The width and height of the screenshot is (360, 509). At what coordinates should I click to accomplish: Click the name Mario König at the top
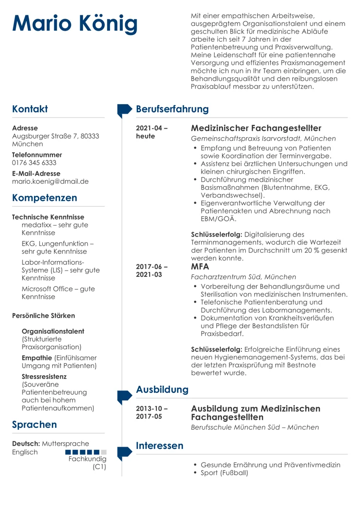(x=75, y=24)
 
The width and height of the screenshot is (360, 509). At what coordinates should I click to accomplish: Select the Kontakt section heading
(x=30, y=109)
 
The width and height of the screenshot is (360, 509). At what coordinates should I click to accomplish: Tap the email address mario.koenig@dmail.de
(x=50, y=181)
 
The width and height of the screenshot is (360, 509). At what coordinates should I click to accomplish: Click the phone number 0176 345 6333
(x=34, y=163)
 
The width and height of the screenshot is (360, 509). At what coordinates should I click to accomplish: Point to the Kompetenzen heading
(x=44, y=198)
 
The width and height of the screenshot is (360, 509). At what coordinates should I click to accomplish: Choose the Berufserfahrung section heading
(x=172, y=109)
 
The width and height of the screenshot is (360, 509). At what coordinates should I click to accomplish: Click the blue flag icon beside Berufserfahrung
(x=124, y=110)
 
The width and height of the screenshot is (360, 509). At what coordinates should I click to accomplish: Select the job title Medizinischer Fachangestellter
(x=256, y=128)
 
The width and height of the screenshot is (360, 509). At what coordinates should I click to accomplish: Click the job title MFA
(x=200, y=266)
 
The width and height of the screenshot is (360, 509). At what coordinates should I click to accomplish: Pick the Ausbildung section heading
(x=162, y=390)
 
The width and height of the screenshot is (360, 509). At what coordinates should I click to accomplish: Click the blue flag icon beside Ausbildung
(x=124, y=395)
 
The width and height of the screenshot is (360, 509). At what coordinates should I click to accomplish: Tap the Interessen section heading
(x=160, y=446)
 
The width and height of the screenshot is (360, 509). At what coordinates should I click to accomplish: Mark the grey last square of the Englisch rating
(x=104, y=452)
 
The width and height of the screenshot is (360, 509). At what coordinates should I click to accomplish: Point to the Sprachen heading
(x=35, y=425)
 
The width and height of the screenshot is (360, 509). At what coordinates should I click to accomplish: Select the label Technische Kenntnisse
(x=48, y=217)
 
